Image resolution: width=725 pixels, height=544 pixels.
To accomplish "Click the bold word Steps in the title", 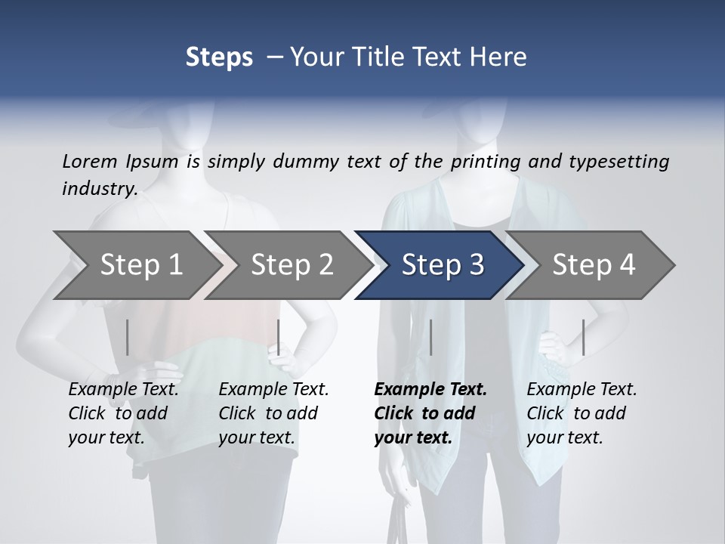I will click(219, 57).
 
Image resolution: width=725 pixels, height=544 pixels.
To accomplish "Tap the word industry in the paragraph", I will click(99, 188).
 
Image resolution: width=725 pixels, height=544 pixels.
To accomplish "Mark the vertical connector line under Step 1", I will click(127, 337).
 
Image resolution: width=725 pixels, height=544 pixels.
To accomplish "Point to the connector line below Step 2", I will click(279, 337).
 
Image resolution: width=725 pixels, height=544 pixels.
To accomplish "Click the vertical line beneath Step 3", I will click(430, 337).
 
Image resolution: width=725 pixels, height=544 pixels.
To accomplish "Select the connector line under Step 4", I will click(583, 337).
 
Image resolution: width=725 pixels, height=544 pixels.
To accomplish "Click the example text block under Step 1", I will click(123, 413).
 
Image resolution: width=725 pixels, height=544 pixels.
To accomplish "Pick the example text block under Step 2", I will click(273, 413).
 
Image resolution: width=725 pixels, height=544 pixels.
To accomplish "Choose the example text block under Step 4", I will click(582, 413).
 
